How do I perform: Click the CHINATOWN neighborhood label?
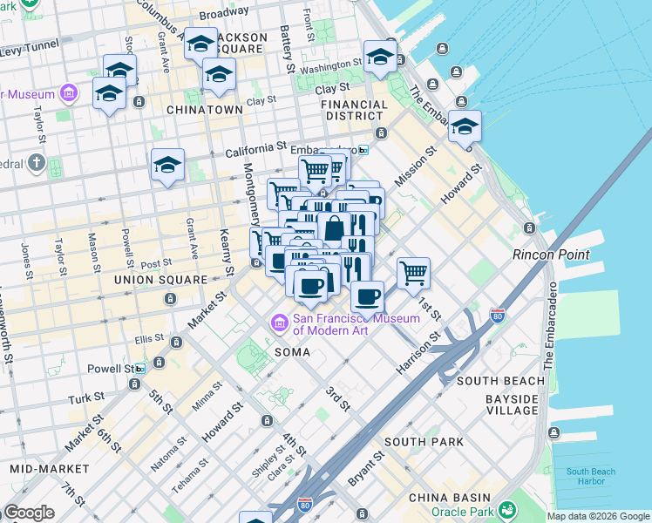point(204,110)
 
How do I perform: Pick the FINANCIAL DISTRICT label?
point(354,111)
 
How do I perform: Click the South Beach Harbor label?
point(590,477)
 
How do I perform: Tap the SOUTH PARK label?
point(424,442)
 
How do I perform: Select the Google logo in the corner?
point(29,513)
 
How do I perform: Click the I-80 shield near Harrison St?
point(498,315)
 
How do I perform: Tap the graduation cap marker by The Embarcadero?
point(465,127)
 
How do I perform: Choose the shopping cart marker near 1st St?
point(413,272)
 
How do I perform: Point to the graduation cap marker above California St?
point(167,165)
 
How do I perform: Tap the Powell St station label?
point(109,369)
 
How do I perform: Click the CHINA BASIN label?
point(450,498)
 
